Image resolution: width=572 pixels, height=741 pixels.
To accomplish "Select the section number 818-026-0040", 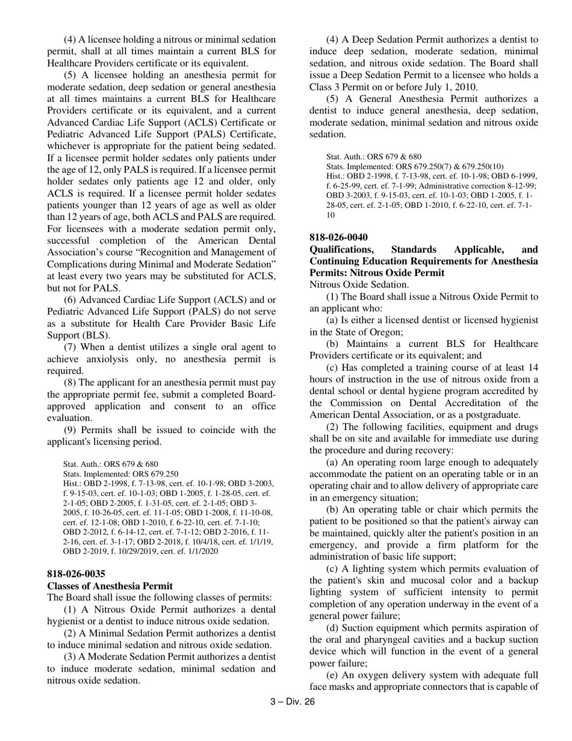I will click(x=338, y=237).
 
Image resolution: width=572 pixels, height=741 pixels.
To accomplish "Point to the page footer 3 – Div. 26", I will click(x=292, y=701).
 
